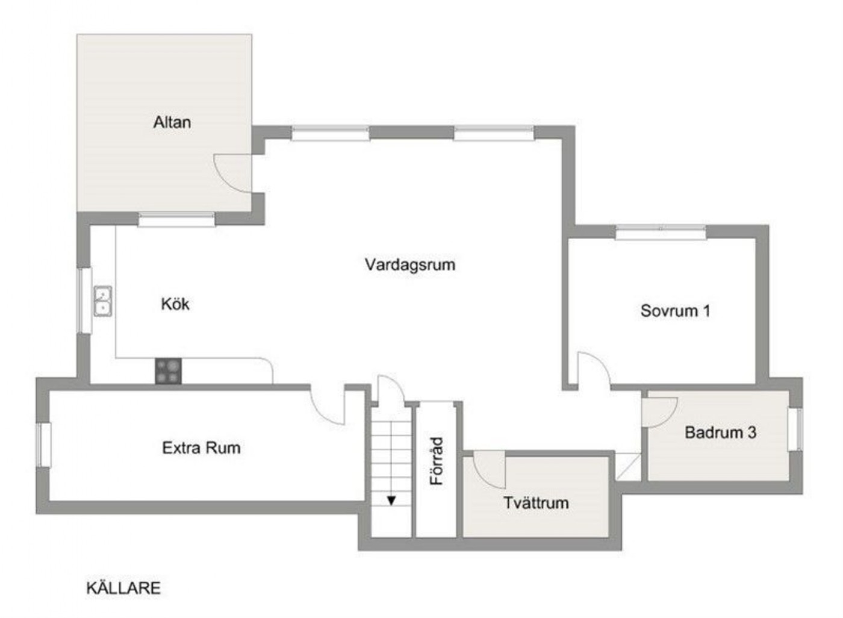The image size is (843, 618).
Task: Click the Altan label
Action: [x=172, y=122]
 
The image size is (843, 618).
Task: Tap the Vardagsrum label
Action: [x=410, y=264]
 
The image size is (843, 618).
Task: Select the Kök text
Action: [x=175, y=304]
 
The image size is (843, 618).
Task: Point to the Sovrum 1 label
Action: [x=675, y=311]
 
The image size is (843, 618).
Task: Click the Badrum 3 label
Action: [x=720, y=432]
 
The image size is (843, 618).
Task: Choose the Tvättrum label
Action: [x=536, y=503]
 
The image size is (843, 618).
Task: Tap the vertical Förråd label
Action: [x=437, y=461]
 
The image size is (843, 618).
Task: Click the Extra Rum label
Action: [x=201, y=448]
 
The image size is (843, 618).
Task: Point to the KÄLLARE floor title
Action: [x=123, y=588]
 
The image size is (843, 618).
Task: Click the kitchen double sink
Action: [x=103, y=301]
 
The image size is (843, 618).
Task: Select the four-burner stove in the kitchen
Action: [x=168, y=371]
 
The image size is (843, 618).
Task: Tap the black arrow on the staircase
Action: [x=391, y=501]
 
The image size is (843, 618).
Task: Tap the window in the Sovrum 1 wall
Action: [x=661, y=232]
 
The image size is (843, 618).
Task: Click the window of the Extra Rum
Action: [x=43, y=445]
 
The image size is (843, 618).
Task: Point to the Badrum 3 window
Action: [x=795, y=429]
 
